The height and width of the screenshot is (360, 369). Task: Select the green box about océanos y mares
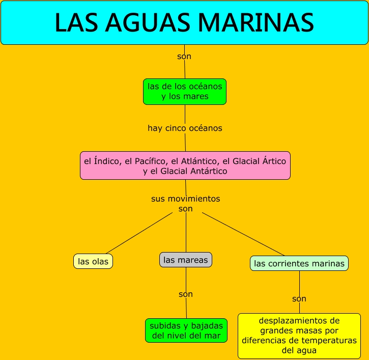coord(185,92)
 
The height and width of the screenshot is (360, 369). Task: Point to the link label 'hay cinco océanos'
coord(185,128)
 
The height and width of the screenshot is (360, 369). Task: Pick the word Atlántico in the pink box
coord(197,161)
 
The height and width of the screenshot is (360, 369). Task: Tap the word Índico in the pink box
coord(107,161)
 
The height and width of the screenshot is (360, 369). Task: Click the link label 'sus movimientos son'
coord(186,203)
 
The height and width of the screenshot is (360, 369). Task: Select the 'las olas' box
coord(93,261)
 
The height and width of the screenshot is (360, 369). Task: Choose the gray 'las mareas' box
coord(186,260)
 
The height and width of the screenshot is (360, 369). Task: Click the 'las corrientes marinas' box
coord(299,263)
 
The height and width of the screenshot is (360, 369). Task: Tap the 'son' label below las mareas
coord(186,294)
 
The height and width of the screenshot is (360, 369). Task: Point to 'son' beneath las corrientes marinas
coord(299,299)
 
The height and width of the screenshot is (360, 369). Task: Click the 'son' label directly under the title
coord(184,56)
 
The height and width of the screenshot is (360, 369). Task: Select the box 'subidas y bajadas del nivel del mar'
coord(186,330)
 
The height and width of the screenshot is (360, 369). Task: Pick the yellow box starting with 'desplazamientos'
coord(299,336)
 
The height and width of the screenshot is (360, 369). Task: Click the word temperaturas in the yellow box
coord(326,341)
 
